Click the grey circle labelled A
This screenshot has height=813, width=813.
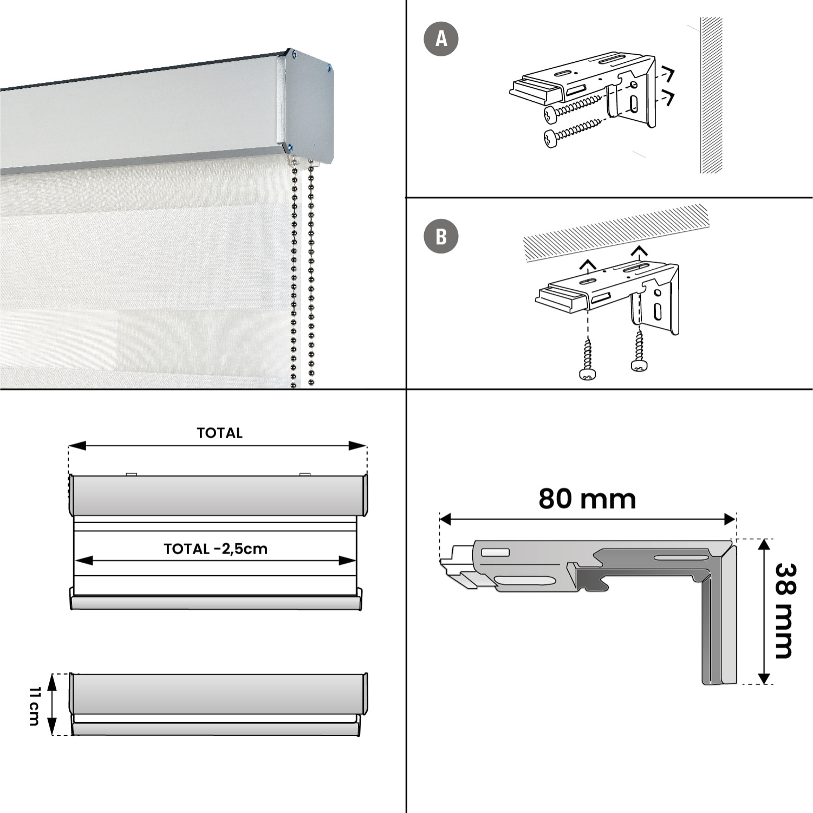(x=441, y=39)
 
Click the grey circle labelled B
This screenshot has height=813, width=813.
(x=441, y=236)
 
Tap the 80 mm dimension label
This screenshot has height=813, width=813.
(x=587, y=499)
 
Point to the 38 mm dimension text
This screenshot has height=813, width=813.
(x=785, y=610)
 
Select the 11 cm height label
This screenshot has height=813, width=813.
(x=34, y=706)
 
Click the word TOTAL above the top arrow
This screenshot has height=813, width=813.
(x=219, y=433)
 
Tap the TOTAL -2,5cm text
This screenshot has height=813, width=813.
(x=216, y=549)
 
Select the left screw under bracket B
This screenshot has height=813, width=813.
(x=587, y=360)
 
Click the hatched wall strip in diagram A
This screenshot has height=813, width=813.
(x=711, y=95)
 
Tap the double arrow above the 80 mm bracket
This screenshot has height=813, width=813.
(x=588, y=520)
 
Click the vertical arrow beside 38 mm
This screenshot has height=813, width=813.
(x=764, y=612)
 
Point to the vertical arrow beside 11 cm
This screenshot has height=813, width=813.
(x=52, y=704)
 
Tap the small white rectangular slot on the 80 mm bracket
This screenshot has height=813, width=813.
(x=495, y=552)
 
